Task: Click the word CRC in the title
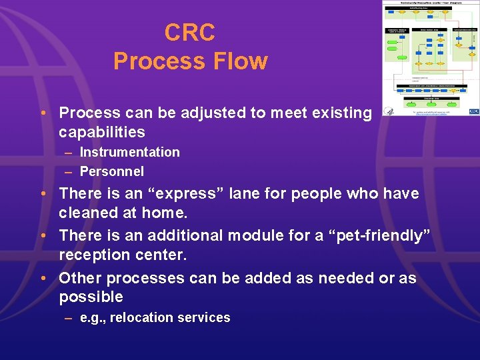[x=190, y=33]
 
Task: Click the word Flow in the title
[x=237, y=61]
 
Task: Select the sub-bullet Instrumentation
[x=129, y=152]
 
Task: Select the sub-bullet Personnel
[x=111, y=171]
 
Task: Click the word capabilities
[x=101, y=131]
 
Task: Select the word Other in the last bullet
[x=80, y=277]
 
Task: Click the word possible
[x=91, y=297]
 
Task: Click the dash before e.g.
[x=68, y=317]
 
